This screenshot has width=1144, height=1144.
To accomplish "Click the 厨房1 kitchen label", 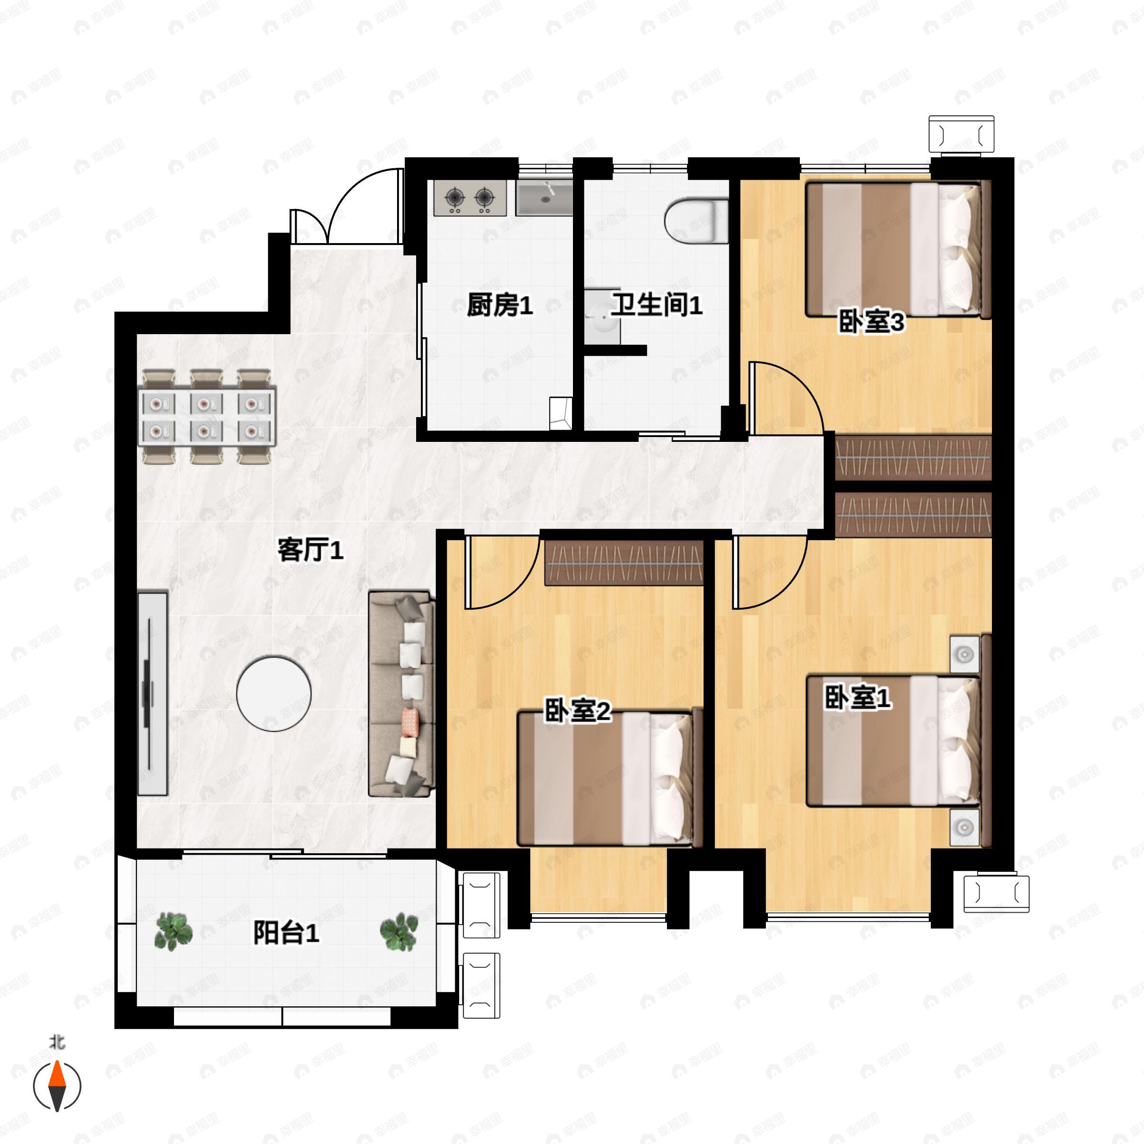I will [500, 306].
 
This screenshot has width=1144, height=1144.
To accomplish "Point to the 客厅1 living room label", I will [310, 551].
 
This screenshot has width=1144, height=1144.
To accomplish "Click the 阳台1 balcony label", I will [286, 934].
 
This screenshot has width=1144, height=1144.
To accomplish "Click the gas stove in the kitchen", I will [470, 198].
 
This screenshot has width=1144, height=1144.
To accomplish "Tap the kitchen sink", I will [543, 198].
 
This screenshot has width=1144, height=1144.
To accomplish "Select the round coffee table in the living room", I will [274, 694].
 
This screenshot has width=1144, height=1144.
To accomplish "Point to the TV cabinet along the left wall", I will [153, 693].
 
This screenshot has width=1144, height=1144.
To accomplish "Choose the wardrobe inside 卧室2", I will [623, 563].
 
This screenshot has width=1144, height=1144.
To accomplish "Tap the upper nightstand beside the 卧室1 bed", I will [964, 655].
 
